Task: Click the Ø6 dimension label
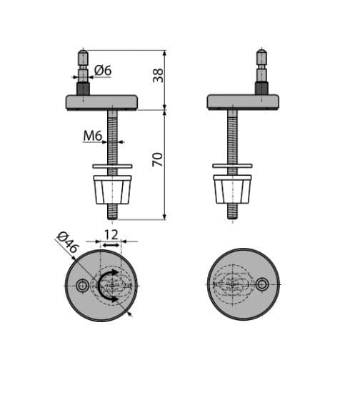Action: [x=103, y=71]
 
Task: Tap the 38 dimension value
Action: [x=158, y=75]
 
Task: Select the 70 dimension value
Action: [x=158, y=159]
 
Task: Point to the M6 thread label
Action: [x=93, y=136]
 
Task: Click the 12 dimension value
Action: [x=111, y=235]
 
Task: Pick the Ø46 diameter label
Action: [x=67, y=242]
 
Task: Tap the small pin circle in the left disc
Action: [x=82, y=286]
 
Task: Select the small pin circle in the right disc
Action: [x=262, y=284]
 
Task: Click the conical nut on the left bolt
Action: [x=112, y=189]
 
